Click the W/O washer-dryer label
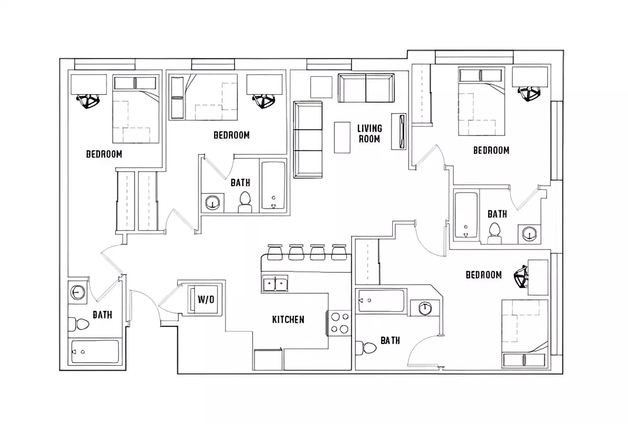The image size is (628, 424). pos(206,300)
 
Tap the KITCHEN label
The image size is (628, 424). pos(288,320)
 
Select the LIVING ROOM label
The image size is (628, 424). pos(369,134)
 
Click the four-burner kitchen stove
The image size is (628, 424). pos(338,323)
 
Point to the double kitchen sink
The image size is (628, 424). pos(275,284)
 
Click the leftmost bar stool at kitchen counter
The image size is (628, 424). pos(275,252)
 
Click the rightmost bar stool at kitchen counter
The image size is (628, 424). pos(339,252)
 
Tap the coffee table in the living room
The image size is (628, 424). pos(342,137)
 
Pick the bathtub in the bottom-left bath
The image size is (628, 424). pos(95,352)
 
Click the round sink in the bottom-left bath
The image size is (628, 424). pos(78,292)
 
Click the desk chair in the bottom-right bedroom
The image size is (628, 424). pos(522,277)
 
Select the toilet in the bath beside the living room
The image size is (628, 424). pos(245,202)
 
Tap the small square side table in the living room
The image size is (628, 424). pos(321,87)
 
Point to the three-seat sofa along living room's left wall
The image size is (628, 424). pos(308,140)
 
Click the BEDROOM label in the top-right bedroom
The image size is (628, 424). pos(491,150)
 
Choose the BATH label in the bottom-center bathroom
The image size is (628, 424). pos(390,340)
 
